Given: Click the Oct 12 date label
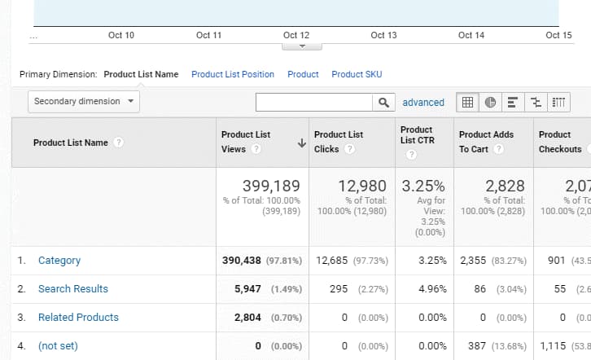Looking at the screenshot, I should (296, 35).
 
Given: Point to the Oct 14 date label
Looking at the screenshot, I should (471, 35).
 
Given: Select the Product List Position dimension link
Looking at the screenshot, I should (233, 74).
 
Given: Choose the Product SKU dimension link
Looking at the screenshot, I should (357, 74).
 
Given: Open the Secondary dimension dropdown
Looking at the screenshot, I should (84, 102).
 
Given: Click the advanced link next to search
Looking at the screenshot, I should (423, 103).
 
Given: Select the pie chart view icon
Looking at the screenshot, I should (490, 102).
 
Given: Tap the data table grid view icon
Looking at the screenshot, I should (468, 102).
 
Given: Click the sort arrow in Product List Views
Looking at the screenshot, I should (301, 143).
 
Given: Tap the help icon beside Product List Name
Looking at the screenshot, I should (119, 143).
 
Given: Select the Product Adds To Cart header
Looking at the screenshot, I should (486, 142).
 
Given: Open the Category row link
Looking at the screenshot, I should (59, 261).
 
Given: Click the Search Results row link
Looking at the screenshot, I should (73, 289).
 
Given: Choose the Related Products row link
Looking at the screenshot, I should (78, 318).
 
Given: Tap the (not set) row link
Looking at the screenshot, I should (58, 346).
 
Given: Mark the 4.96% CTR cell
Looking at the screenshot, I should (431, 289).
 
